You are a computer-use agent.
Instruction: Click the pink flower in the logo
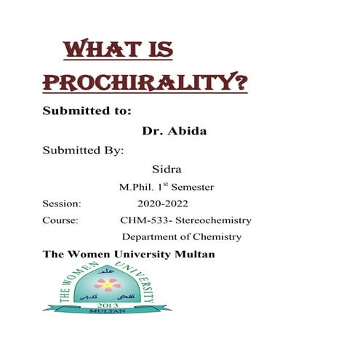(x=107, y=284)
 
